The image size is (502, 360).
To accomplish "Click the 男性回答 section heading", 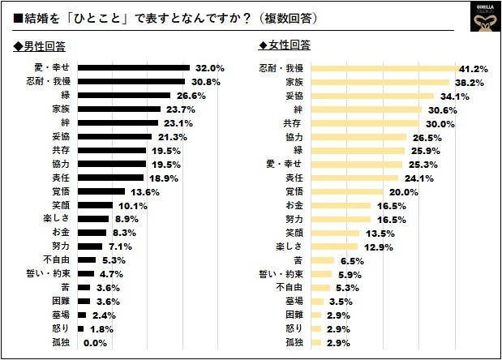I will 41,45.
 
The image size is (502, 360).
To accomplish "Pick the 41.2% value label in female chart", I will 471,67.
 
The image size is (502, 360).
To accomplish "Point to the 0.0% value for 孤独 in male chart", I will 96,343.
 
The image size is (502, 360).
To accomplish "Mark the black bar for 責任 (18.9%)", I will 111,178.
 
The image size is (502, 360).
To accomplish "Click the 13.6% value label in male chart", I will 142,191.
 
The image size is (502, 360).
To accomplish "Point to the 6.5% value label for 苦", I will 350,260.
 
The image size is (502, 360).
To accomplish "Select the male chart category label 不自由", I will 57,260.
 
